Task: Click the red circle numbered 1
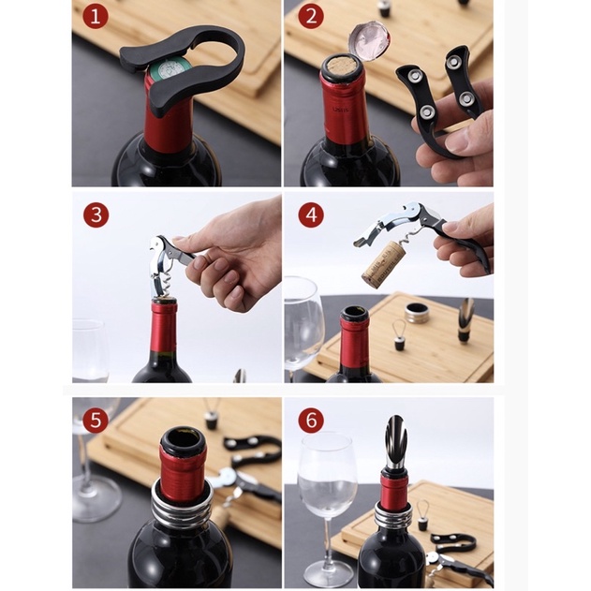point(96,17)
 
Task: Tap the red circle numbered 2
point(311,17)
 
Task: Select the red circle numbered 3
point(96,215)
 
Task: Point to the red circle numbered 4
point(311,215)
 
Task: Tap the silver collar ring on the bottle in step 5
point(182,508)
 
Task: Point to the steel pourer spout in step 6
point(395,442)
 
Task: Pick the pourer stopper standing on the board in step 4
point(465,320)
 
